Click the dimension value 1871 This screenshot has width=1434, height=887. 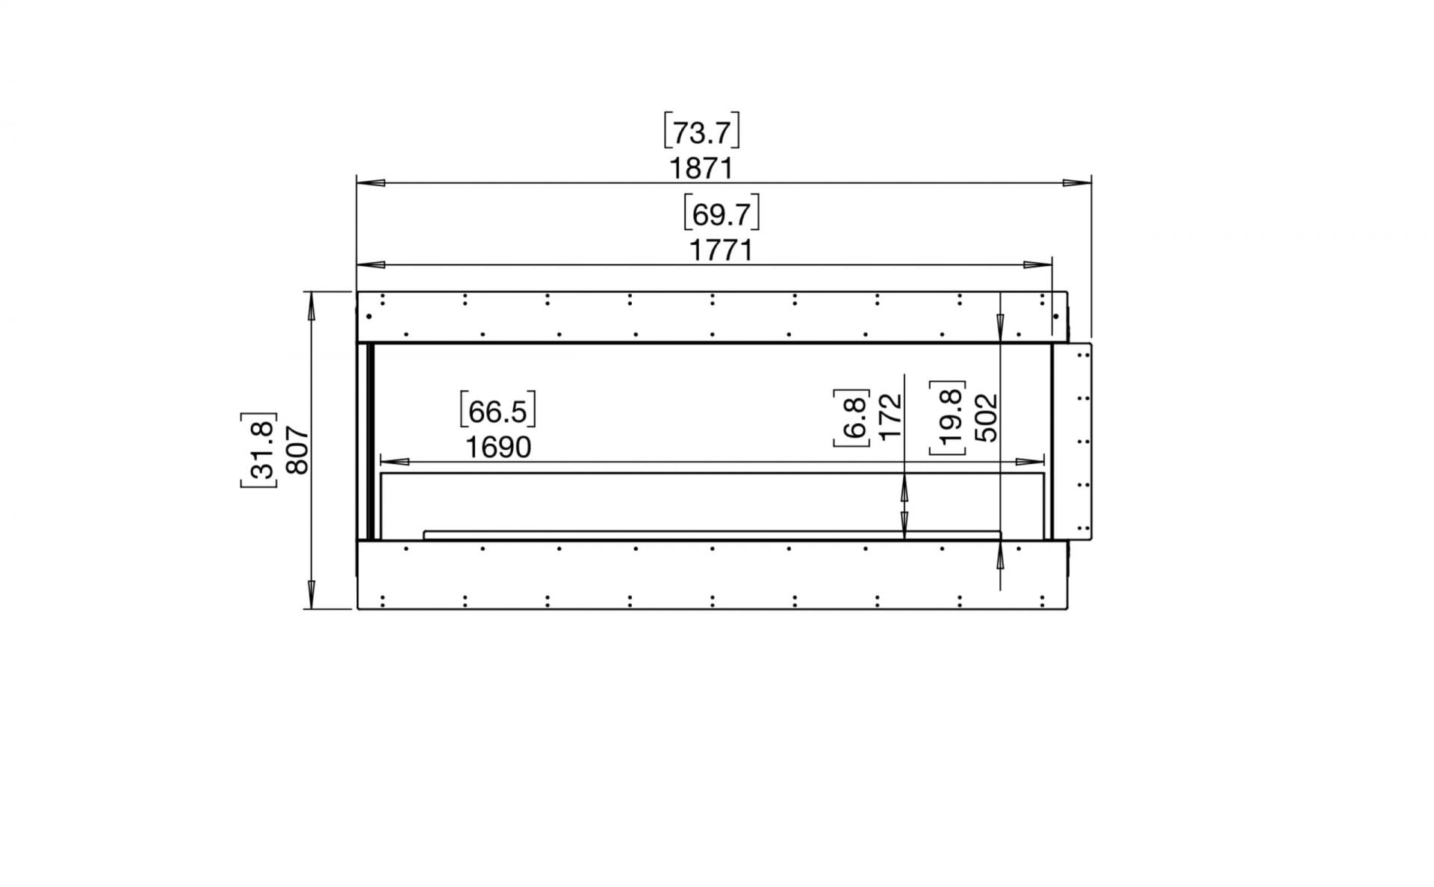click(x=701, y=169)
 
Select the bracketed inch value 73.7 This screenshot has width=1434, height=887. click(x=701, y=133)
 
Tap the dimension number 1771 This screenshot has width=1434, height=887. click(x=721, y=250)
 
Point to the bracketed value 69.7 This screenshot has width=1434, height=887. click(x=721, y=214)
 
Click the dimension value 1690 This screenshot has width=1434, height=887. click(x=498, y=448)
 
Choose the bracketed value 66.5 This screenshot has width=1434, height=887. click(x=498, y=412)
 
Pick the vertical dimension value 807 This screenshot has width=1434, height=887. click(x=297, y=450)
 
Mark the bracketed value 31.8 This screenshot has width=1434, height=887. click(x=259, y=450)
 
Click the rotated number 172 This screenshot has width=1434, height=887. click(x=891, y=417)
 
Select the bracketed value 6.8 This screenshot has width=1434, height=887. click(x=853, y=418)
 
